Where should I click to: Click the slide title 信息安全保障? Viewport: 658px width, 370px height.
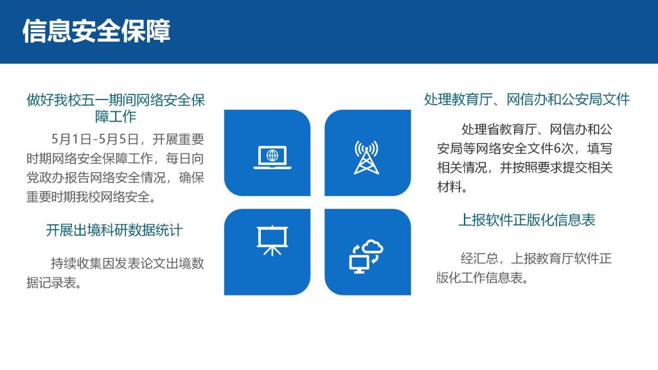[x=96, y=31]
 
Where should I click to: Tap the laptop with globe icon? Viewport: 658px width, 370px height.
[x=272, y=157]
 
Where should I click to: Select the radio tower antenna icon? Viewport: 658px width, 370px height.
[x=366, y=157]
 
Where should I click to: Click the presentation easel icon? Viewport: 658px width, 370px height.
[x=272, y=240]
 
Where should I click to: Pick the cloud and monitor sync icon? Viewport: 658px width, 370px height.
[x=366, y=256]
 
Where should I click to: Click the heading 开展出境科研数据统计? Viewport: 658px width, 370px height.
[x=114, y=231]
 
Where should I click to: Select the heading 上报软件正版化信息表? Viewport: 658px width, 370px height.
[x=527, y=220]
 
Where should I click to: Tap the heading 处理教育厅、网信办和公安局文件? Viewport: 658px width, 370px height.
[x=527, y=100]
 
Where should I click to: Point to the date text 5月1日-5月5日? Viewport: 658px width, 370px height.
[x=95, y=139]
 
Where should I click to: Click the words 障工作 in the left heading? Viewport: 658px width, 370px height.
[x=116, y=116]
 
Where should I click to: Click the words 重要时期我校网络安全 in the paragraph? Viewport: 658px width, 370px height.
[x=87, y=197]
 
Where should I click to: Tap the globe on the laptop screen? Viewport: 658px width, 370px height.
[x=272, y=155]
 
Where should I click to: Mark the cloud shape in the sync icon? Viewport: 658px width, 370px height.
[x=372, y=247]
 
